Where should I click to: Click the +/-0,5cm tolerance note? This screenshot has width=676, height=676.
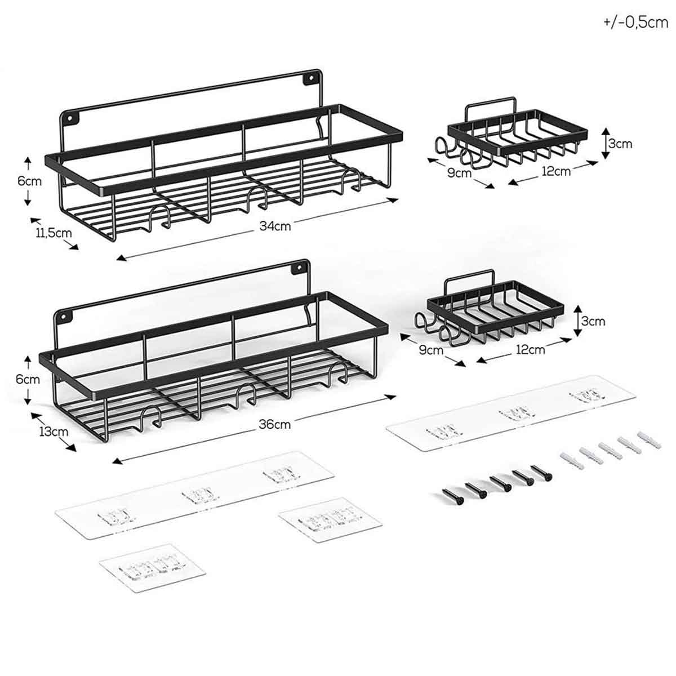coord(635,23)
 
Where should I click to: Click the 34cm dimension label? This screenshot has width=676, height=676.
coord(275,226)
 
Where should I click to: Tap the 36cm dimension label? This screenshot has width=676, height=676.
coord(275,425)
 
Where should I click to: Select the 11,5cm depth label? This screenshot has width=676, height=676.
coord(54,233)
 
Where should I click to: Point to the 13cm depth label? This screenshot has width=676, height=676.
coord(54,432)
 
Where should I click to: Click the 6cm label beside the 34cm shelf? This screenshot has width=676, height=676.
coord(29,181)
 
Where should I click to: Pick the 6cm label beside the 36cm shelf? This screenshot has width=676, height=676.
coord(28,379)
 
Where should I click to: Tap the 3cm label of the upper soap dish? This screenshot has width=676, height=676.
coord(620,144)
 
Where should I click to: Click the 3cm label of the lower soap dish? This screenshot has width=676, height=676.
coord(593,321)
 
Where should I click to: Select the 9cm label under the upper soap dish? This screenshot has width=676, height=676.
coord(460,173)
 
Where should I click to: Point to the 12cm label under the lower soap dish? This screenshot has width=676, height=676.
coord(531,349)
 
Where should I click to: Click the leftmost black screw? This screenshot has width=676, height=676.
coord(453,496)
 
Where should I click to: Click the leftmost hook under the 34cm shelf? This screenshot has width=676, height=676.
coord(157,217)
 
